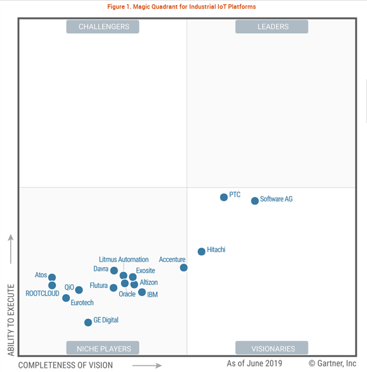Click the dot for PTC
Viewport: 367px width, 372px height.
224,197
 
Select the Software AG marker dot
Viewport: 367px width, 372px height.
255,201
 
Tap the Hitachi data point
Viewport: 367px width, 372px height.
201,251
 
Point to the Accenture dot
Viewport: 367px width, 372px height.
183,268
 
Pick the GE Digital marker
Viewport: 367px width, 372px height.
88,322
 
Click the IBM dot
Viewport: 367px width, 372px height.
142,292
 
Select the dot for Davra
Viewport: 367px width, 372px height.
114,271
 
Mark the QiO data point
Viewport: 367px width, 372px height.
79,290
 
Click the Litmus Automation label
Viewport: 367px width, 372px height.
124,259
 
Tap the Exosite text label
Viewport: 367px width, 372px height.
146,271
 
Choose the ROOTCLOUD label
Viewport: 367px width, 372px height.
43,293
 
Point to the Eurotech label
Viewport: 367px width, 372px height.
82,303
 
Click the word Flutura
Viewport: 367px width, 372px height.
99,286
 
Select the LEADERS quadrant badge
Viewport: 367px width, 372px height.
272,27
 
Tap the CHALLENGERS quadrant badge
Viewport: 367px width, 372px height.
104,27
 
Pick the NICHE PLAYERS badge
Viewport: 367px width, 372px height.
104,348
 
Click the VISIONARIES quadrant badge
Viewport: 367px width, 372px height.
272,349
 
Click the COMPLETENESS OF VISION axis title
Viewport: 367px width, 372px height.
66,365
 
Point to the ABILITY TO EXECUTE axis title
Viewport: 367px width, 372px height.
11,320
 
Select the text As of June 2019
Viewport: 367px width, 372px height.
255,363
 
